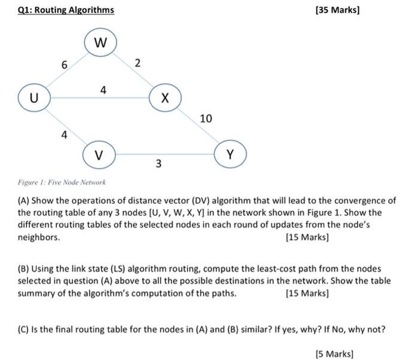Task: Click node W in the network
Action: click(100, 43)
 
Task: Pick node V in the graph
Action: click(99, 155)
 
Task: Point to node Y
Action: click(230, 155)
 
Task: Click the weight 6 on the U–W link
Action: click(64, 64)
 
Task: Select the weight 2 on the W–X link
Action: click(138, 63)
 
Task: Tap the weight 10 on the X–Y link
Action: click(206, 119)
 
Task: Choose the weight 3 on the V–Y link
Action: click(158, 164)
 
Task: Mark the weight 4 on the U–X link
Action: click(103, 90)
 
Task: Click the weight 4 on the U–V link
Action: click(64, 135)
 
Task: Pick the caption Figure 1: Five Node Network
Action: click(62, 182)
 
